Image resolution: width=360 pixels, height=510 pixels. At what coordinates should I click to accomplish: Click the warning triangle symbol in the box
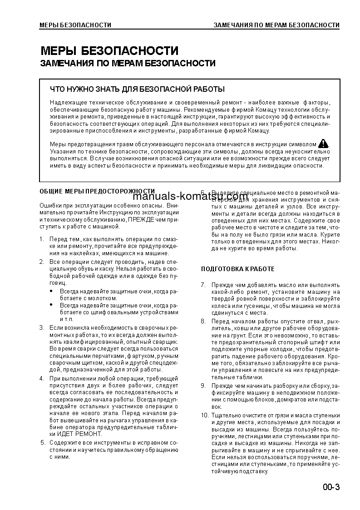coord(323,144)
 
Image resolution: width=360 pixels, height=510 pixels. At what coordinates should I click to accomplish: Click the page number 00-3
coord(331,487)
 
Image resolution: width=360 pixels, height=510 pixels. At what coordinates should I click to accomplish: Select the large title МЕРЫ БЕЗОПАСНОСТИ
coord(109,51)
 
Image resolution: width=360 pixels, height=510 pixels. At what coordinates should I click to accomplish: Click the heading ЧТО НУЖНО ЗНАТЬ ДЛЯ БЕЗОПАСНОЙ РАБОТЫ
coord(137,89)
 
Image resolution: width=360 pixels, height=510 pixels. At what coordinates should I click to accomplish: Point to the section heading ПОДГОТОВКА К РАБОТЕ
coord(238,269)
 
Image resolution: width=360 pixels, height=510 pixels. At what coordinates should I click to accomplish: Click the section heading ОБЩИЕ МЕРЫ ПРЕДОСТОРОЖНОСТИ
coord(97,191)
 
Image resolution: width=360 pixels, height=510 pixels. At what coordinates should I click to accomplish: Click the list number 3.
coord(41,327)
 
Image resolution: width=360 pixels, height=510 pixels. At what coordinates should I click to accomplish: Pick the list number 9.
coord(203,386)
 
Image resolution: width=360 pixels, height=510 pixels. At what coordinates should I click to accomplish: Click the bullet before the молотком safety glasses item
coord(51,291)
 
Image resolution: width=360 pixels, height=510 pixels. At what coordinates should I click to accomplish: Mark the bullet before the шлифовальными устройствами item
coord(51,306)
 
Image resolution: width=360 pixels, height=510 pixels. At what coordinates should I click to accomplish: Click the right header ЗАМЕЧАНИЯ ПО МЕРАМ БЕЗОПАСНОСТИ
coord(276,25)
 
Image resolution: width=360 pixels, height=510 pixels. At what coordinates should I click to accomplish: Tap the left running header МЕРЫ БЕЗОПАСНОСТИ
coord(75,25)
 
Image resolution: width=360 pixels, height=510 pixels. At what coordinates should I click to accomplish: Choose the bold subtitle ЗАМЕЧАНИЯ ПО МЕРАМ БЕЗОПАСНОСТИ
coord(128,64)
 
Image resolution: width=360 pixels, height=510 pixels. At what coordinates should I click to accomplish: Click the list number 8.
coord(203,321)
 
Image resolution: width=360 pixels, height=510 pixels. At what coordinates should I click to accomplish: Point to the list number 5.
coord(42,442)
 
